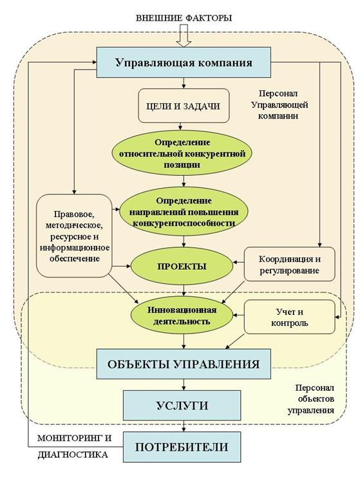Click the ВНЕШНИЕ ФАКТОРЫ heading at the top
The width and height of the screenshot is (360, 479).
184,18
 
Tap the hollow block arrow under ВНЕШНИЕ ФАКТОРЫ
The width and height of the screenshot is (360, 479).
184,35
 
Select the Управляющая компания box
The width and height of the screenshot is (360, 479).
184,62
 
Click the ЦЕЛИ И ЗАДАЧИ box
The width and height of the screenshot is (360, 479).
184,106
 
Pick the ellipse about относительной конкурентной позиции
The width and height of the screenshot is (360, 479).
182,153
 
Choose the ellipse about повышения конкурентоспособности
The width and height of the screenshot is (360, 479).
184,212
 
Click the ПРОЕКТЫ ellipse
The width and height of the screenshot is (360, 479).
182,266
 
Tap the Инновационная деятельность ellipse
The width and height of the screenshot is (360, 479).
182,315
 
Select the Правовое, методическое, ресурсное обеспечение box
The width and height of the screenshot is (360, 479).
74,236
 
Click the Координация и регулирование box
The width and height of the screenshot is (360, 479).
289,264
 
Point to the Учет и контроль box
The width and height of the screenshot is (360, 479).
289,317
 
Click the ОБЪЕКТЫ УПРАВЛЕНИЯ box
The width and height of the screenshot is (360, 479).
184,364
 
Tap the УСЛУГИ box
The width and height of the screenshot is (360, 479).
182,406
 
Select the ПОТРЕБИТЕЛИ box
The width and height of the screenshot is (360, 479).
182,447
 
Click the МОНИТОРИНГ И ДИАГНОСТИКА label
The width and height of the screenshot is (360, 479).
73,446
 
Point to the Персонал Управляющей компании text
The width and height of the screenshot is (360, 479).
279,105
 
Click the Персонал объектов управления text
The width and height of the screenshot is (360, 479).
311,399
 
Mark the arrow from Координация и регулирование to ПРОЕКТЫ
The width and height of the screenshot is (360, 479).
239,262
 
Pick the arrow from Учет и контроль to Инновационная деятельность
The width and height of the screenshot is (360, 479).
239,315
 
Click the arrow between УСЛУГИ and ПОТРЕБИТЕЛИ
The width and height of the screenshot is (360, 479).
184,426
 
